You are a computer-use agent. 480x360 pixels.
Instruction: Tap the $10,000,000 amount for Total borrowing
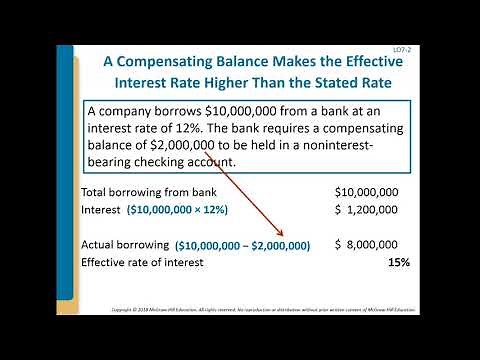coord(366,192)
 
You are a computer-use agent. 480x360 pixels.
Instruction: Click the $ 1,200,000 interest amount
coord(366,209)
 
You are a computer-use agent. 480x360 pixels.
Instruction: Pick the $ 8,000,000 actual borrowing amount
coord(366,244)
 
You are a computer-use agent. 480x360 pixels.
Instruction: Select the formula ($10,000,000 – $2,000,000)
coord(243,245)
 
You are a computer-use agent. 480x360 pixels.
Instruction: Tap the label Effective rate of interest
coord(141,262)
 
